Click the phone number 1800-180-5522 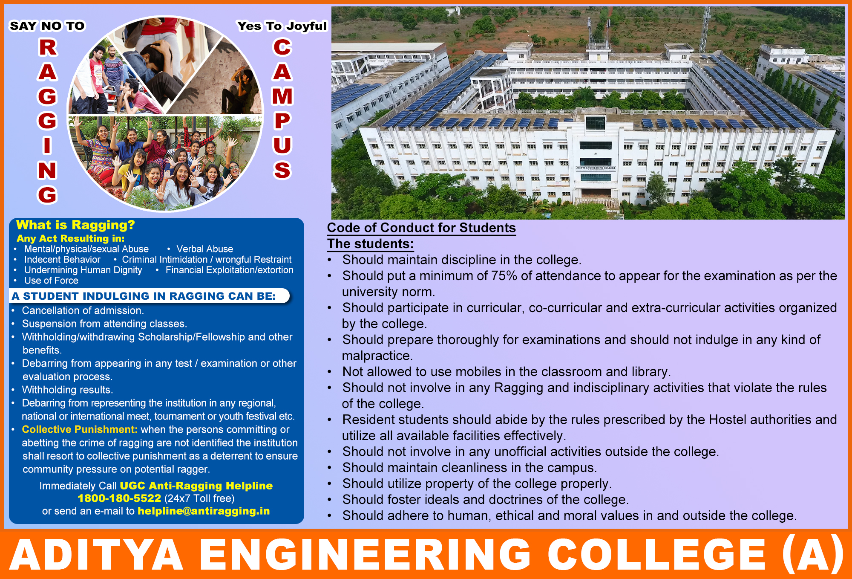pos(119,498)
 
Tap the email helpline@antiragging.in pos(204,511)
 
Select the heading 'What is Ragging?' pos(75,225)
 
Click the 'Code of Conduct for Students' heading pos(421,228)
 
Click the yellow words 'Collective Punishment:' pos(80,429)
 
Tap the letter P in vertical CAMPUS pos(282,121)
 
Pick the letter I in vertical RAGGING pos(47,145)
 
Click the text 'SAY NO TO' pos(47,26)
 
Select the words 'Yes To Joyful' pos(282,26)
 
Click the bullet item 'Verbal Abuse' pos(205,249)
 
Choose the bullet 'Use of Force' pos(51,281)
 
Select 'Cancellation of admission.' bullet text pos(83,310)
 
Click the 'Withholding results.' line pos(67,390)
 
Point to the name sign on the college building pos(596,168)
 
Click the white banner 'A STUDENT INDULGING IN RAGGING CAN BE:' pos(149,296)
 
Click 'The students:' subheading pos(370,244)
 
